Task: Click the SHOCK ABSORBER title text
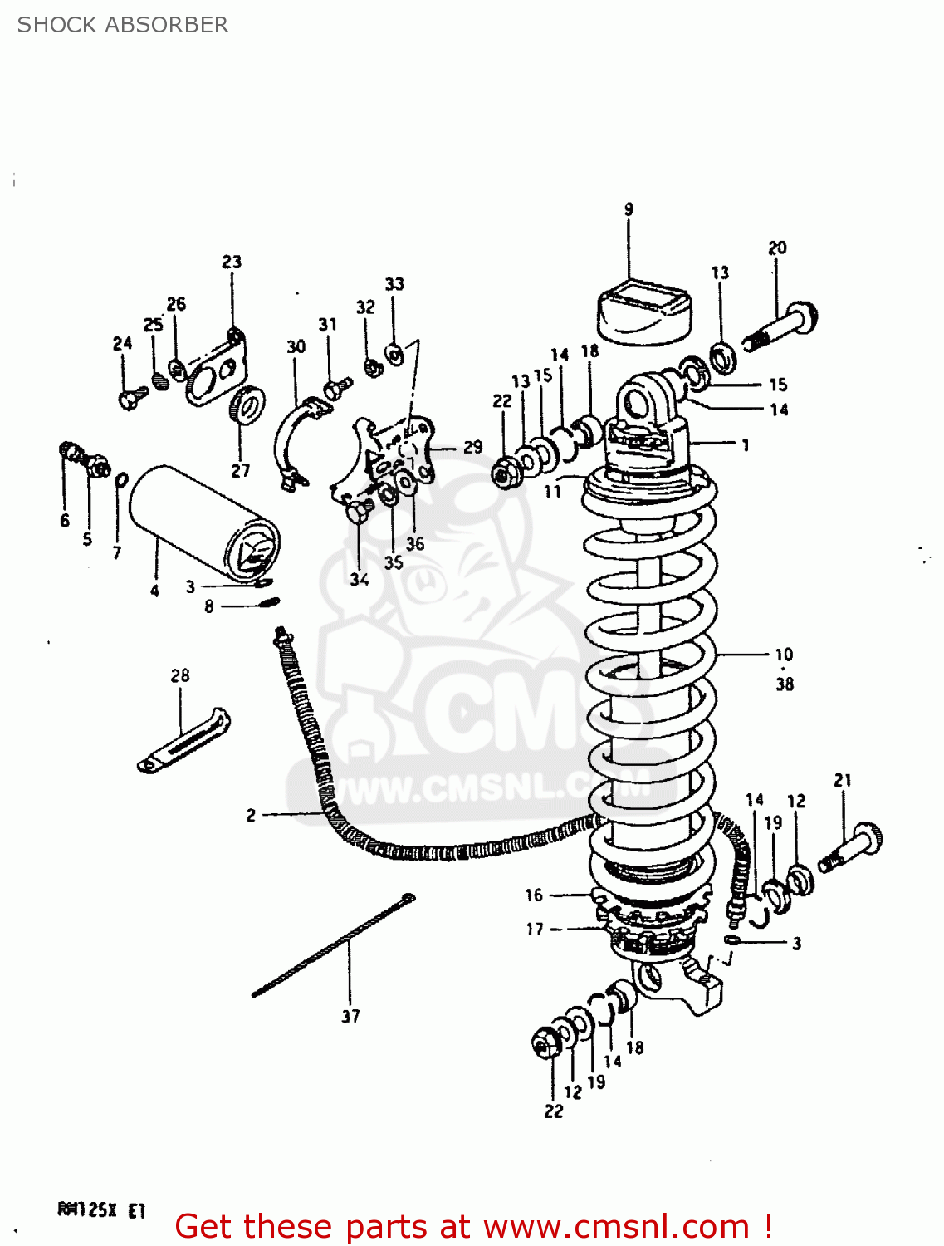[123, 25]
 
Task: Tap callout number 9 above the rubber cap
[629, 209]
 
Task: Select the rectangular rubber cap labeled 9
[643, 311]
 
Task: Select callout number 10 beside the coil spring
[784, 655]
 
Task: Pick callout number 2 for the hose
[251, 816]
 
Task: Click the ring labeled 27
[246, 405]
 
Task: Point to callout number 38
[785, 684]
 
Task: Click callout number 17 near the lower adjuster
[535, 929]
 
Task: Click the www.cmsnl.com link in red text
[616, 1227]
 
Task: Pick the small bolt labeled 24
[129, 400]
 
